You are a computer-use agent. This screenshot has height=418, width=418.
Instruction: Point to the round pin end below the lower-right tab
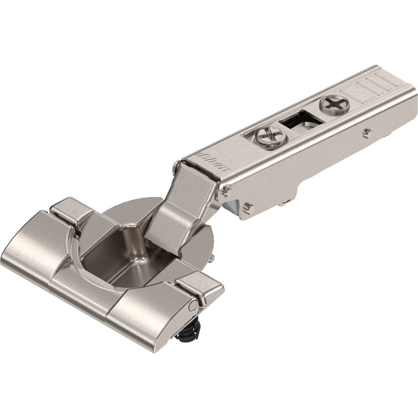click(x=192, y=304)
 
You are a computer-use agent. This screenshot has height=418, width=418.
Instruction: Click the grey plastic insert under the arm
click(x=231, y=207)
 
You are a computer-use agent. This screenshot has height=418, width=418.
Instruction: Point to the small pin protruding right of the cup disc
click(x=213, y=258)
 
